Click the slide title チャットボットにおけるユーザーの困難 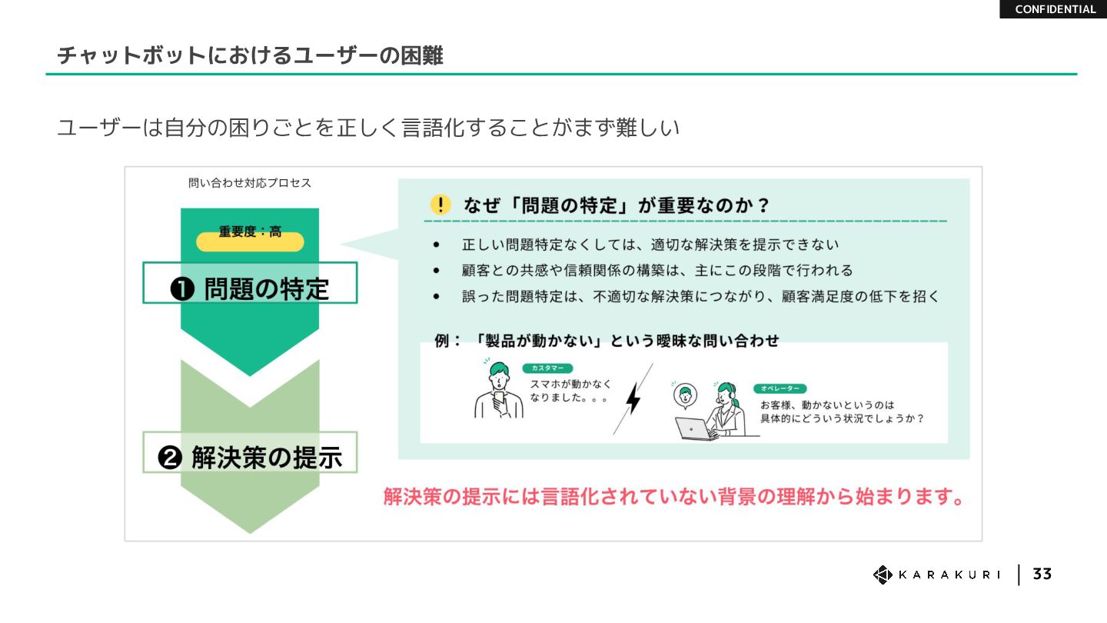pyautogui.click(x=250, y=55)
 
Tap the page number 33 pyautogui.click(x=1042, y=574)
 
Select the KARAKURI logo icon pyautogui.click(x=882, y=575)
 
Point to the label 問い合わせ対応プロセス pyautogui.click(x=250, y=183)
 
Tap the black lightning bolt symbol pyautogui.click(x=633, y=398)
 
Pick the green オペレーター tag pyautogui.click(x=780, y=388)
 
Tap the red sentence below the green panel pyautogui.click(x=674, y=497)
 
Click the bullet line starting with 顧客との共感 pyautogui.click(x=657, y=271)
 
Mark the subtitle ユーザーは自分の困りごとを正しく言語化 pyautogui.click(x=368, y=128)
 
